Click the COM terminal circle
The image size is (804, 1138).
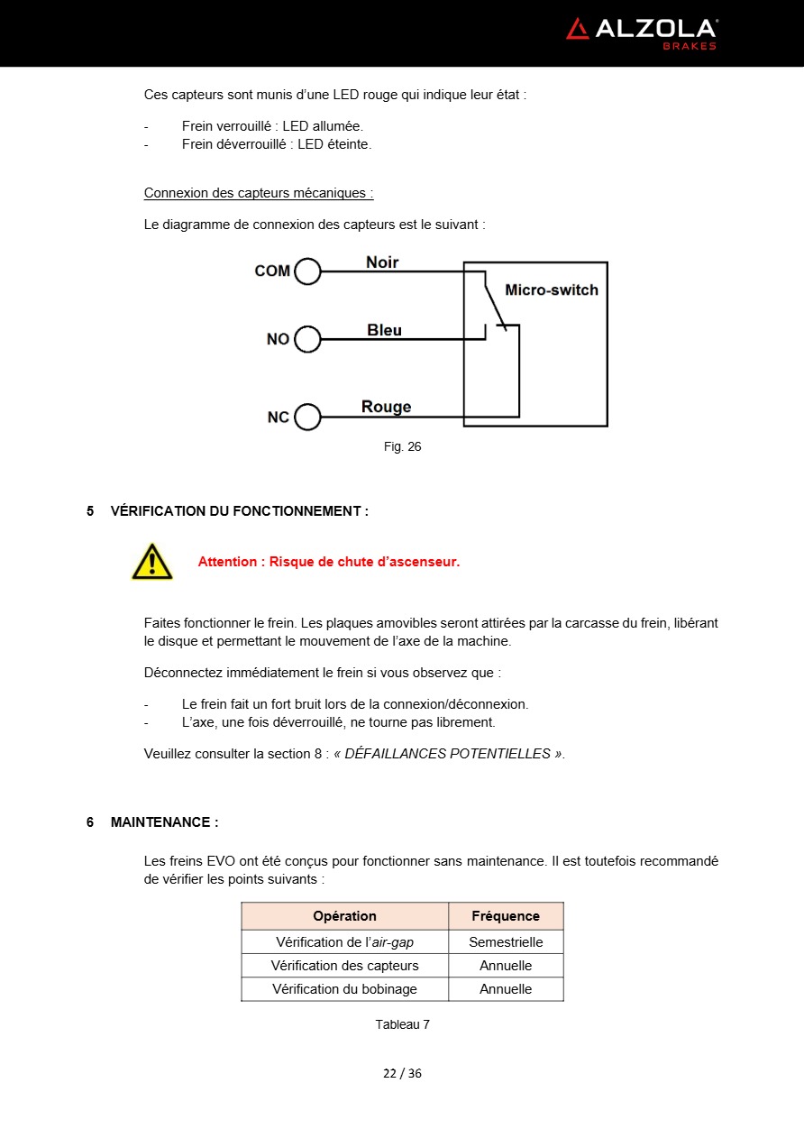click(x=307, y=271)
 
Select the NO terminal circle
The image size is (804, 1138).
click(x=307, y=339)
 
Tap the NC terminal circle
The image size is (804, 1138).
click(x=307, y=418)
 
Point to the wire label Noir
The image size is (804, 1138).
click(x=382, y=262)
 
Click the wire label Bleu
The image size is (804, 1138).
click(x=385, y=330)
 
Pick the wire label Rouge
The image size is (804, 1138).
click(x=386, y=407)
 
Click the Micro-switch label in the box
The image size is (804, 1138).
click(x=551, y=290)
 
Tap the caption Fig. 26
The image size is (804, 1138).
click(x=402, y=446)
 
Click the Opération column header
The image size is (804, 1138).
click(x=344, y=916)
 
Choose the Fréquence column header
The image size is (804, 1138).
click(x=506, y=916)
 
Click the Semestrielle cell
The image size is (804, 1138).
click(x=506, y=942)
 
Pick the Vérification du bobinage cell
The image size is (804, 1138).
click(x=344, y=989)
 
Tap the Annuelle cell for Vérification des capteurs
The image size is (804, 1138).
click(x=506, y=966)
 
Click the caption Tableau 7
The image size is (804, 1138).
click(x=402, y=1024)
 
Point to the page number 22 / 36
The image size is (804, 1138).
click(x=402, y=1073)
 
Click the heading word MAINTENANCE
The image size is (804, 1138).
click(x=161, y=822)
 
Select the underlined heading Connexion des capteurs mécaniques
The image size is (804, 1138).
click(x=259, y=193)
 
